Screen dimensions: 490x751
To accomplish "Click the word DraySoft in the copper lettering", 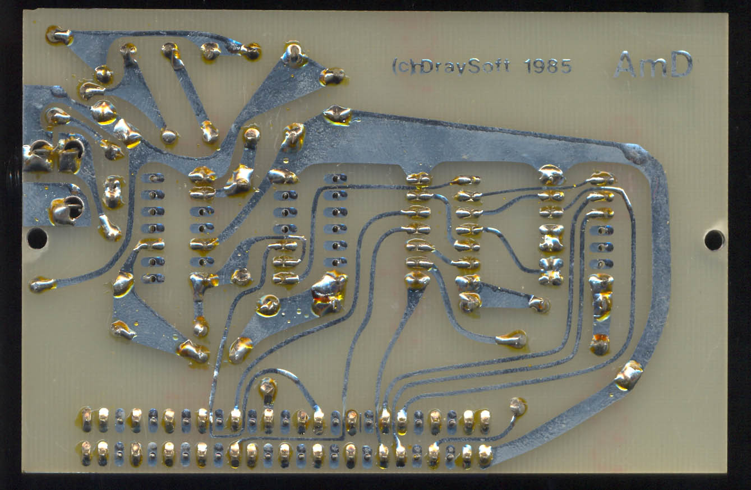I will [466, 67].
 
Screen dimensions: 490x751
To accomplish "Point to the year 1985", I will [548, 67].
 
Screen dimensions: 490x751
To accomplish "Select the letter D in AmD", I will [681, 64].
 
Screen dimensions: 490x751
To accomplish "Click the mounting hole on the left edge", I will [37, 238].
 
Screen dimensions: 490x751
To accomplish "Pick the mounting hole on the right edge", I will [714, 240].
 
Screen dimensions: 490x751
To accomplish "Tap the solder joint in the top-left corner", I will [58, 36].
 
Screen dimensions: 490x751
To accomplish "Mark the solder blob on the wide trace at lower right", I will [628, 375].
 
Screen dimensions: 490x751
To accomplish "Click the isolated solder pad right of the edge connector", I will [517, 405].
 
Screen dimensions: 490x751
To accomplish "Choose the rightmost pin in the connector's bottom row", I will [485, 453].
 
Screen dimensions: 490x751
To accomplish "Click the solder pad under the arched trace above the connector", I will [268, 387].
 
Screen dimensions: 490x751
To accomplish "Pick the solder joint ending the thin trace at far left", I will [42, 284].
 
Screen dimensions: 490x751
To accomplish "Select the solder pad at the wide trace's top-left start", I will [337, 114].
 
